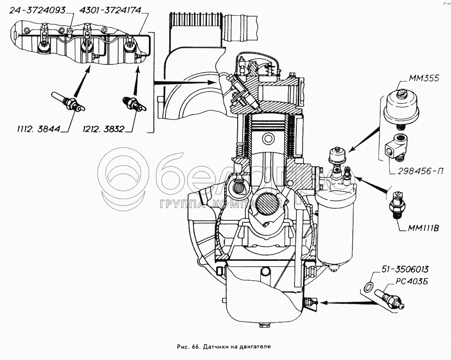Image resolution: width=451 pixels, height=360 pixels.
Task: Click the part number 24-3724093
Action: pos(37,11)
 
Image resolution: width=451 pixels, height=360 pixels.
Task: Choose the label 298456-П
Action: pos(420,171)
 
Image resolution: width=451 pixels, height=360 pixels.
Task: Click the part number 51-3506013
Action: pos(405,269)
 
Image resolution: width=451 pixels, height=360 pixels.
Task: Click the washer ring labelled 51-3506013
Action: pos(368,287)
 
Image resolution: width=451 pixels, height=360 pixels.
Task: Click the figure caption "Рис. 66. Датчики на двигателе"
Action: pos(224,346)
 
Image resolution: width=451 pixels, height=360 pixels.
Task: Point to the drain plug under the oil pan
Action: pos(264,325)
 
